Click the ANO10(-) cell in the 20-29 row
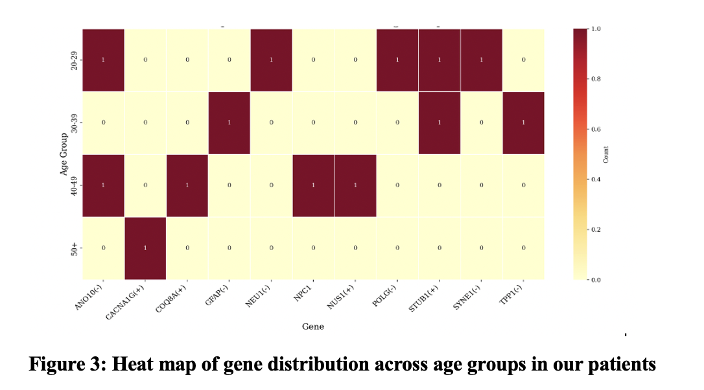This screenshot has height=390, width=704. (103, 60)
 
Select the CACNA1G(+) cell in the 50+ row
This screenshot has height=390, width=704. (145, 248)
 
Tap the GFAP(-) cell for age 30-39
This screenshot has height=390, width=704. (229, 123)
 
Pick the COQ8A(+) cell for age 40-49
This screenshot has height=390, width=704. (187, 185)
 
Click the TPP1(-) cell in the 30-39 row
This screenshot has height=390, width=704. (523, 123)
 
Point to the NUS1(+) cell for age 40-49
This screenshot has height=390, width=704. (355, 185)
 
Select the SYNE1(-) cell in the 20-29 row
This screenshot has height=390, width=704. (481, 60)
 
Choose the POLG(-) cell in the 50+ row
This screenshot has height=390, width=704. (397, 248)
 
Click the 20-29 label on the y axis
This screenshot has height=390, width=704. (74, 60)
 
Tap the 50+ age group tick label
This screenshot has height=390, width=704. (74, 248)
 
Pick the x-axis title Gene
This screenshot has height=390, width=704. (313, 327)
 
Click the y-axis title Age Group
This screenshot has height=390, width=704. (64, 154)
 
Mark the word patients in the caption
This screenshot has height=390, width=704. (622, 365)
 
